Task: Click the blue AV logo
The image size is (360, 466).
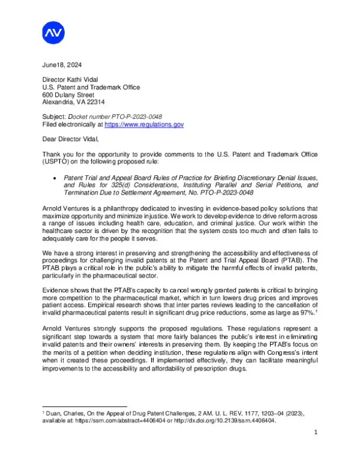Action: (x=53, y=33)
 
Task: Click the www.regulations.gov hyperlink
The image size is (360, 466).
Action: (x=144, y=124)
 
